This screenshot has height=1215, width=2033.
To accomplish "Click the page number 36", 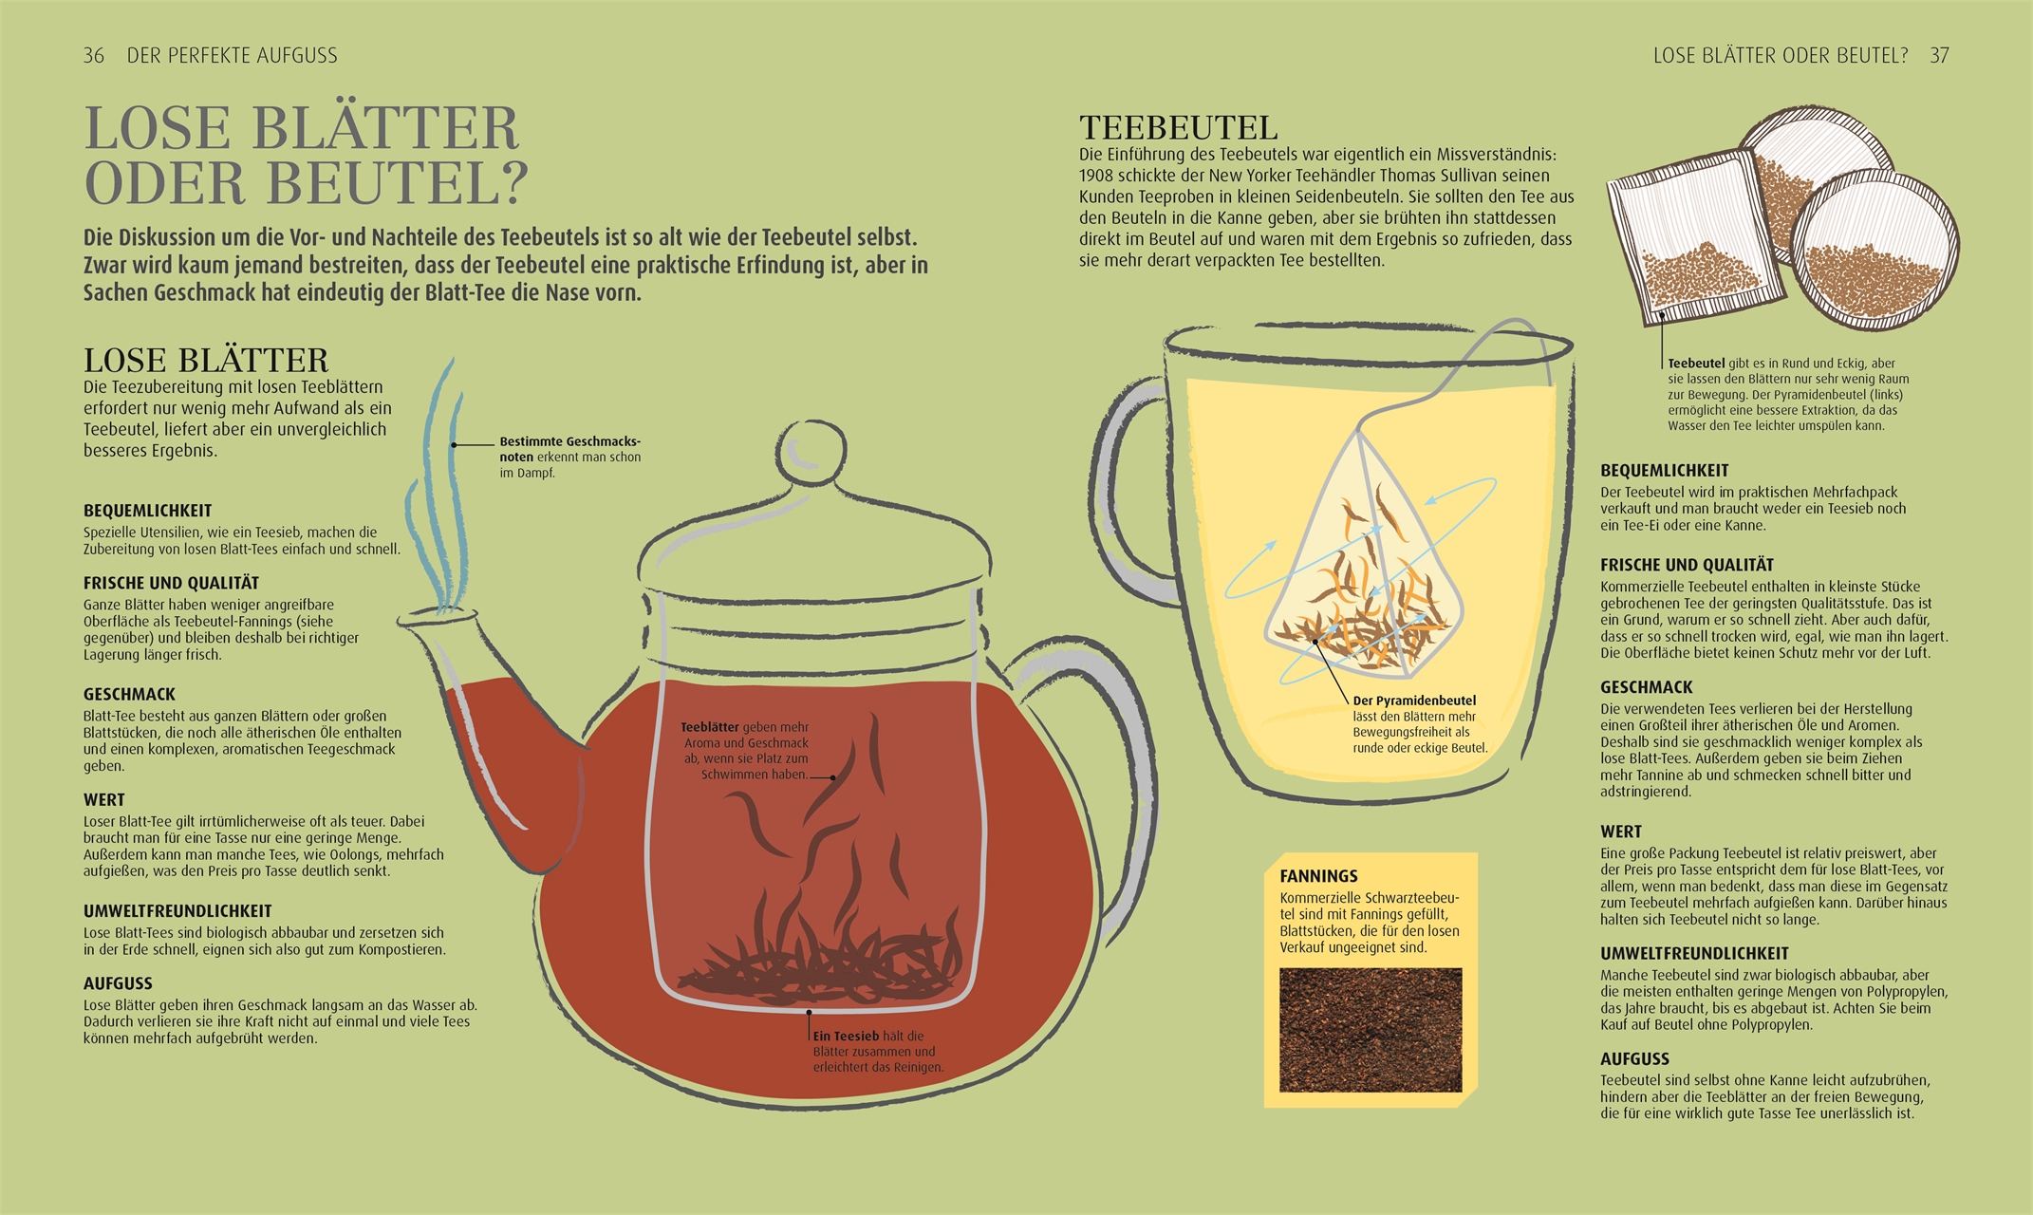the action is coord(94,55).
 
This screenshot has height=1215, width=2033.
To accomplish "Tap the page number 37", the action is coord(1939,55).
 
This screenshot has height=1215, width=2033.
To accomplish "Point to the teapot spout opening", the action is coord(438,618).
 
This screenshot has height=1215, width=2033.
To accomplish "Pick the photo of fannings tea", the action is coord(1371,1030).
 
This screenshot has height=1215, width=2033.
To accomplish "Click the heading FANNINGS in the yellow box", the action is coord(1318,876).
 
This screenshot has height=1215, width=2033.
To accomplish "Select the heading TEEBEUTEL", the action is coord(1179,127).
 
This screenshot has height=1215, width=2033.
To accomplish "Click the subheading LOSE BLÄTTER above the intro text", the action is coord(206,361).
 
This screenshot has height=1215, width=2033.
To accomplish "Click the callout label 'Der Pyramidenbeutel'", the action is coord(1414,701).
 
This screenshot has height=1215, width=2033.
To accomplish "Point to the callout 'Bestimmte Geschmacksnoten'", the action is coord(570,449).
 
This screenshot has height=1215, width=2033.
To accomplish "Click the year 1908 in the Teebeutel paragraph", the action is coord(1098,176).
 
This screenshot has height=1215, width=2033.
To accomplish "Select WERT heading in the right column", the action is coord(1621,832).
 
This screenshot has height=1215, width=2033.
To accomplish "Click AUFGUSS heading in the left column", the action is coord(118,983).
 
